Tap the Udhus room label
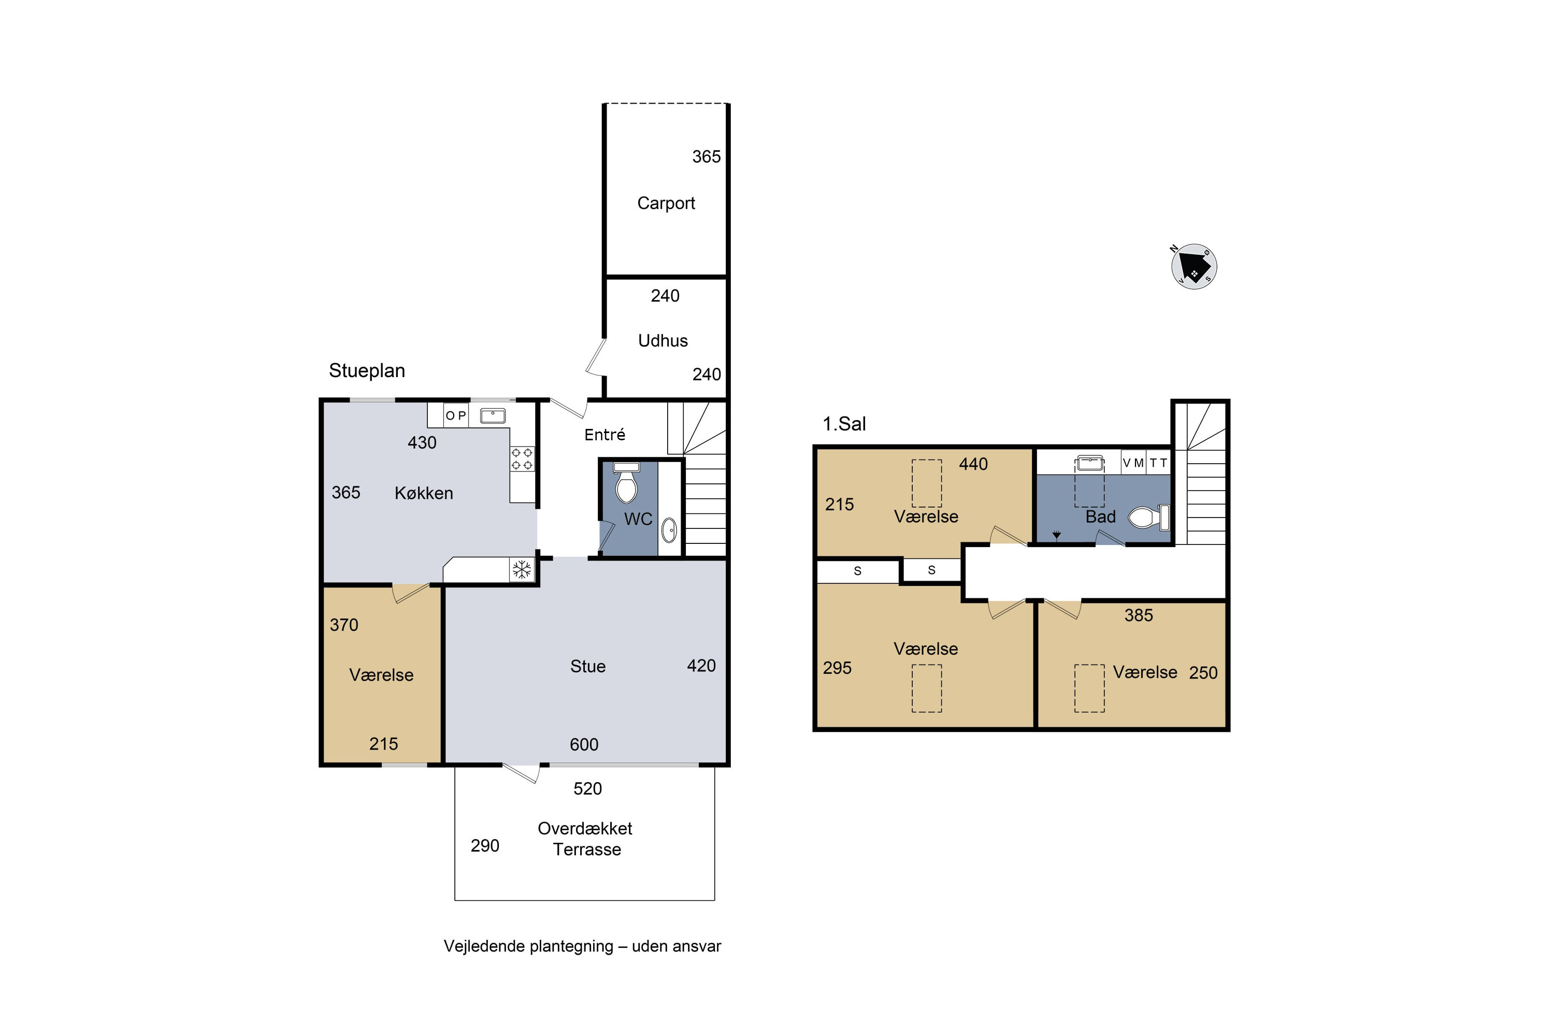663,341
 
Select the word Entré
605,434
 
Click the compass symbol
1194,267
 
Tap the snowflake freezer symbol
522,569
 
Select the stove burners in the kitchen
522,459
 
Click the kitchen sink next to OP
492,415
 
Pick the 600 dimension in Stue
584,745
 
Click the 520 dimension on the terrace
587,789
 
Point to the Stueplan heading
367,371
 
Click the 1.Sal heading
844,424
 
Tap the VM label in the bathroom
1133,463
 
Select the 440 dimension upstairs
973,465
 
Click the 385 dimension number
1139,616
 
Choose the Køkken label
424,493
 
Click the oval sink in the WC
669,530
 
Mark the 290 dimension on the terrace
484,846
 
